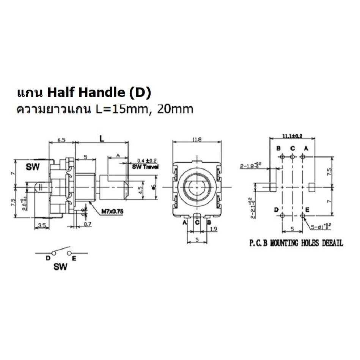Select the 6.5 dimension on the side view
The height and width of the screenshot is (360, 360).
[x=62, y=140]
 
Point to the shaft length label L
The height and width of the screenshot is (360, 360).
[x=102, y=139]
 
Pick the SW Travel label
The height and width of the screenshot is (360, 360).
[x=145, y=167]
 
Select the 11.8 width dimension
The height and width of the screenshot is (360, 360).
[x=197, y=140]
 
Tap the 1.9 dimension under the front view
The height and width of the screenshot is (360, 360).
[x=213, y=229]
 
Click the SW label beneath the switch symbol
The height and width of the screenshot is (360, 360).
[x=60, y=267]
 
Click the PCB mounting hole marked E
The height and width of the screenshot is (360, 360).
[x=303, y=215]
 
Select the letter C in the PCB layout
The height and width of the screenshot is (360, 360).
[x=292, y=148]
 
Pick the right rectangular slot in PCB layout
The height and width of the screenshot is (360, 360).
[x=312, y=187]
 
